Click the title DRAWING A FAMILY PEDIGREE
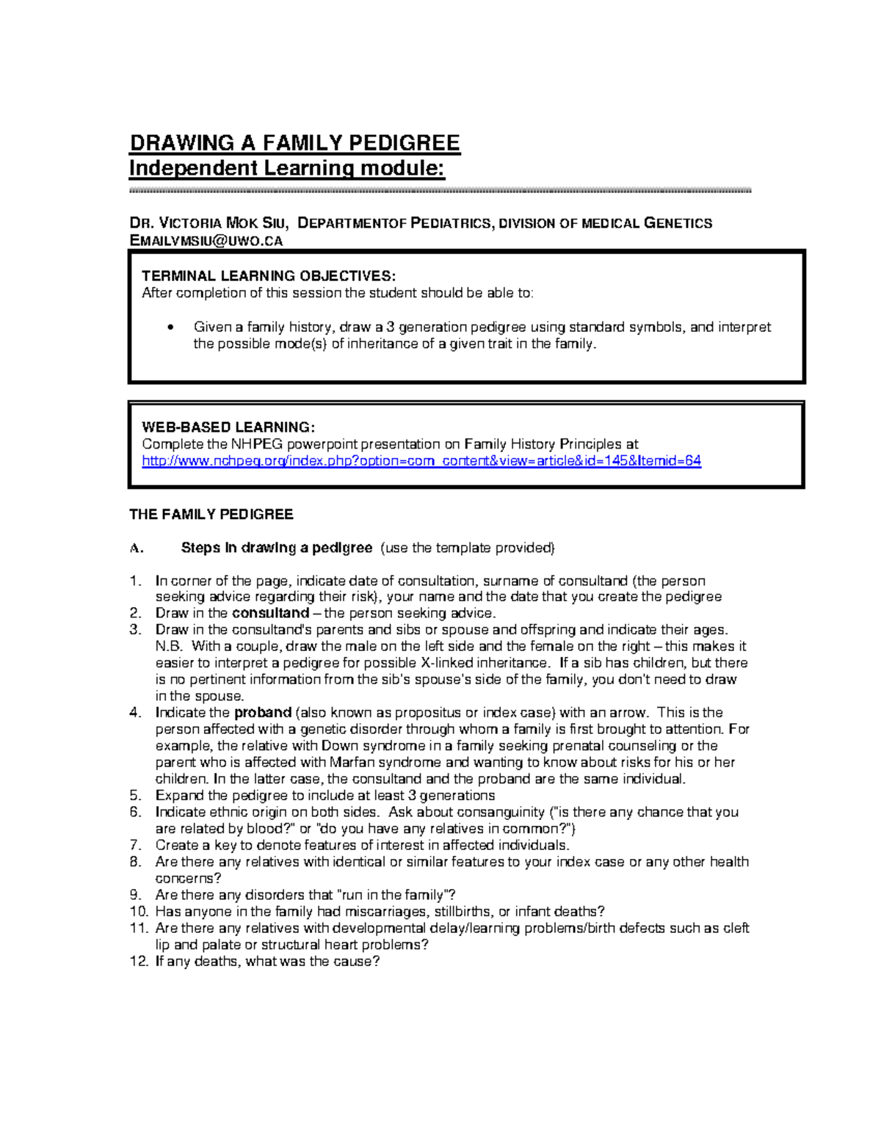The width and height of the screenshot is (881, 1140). pyautogui.click(x=294, y=142)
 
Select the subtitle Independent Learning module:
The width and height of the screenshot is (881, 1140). pyautogui.click(x=286, y=168)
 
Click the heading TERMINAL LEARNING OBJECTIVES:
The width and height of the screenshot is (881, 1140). pyautogui.click(x=268, y=276)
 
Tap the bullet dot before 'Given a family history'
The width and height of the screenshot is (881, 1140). pyautogui.click(x=170, y=327)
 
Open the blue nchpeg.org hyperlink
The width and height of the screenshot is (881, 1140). pyautogui.click(x=421, y=461)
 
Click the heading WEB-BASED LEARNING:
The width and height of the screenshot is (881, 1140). pyautogui.click(x=228, y=427)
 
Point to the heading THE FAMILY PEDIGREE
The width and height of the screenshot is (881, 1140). pyautogui.click(x=211, y=515)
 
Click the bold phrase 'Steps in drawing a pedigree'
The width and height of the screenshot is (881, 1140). pyautogui.click(x=277, y=548)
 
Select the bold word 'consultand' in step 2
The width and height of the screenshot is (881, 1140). pyautogui.click(x=270, y=613)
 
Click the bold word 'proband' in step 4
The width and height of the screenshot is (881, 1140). pyautogui.click(x=263, y=713)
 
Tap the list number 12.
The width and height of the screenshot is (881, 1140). pyautogui.click(x=139, y=962)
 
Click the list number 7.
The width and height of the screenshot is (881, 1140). pyautogui.click(x=135, y=845)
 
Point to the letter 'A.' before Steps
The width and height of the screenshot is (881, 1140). pyautogui.click(x=137, y=548)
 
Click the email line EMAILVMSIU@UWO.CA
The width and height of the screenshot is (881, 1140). pyautogui.click(x=206, y=241)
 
